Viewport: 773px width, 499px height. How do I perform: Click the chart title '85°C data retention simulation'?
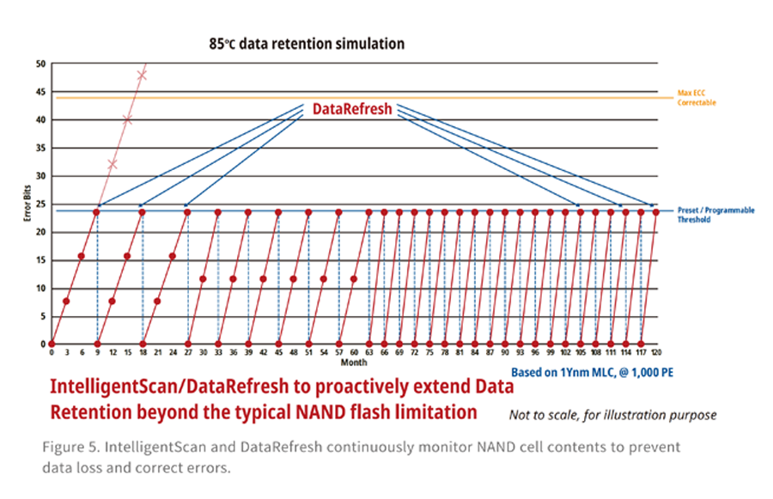pos(307,44)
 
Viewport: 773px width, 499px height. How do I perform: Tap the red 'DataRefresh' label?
pos(351,109)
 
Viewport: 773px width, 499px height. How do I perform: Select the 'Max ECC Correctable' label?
pos(697,98)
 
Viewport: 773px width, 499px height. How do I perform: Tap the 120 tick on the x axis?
pos(655,352)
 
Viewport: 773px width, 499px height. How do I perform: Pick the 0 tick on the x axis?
pos(52,352)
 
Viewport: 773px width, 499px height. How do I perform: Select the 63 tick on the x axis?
pos(368,352)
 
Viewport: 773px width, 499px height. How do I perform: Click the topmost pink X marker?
pos(142,76)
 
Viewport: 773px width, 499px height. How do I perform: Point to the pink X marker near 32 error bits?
pos(113,163)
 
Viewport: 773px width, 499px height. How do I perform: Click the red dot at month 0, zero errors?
pos(52,344)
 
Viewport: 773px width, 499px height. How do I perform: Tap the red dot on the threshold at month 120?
pos(655,211)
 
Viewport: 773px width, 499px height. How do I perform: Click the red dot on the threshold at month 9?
pos(97,211)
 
